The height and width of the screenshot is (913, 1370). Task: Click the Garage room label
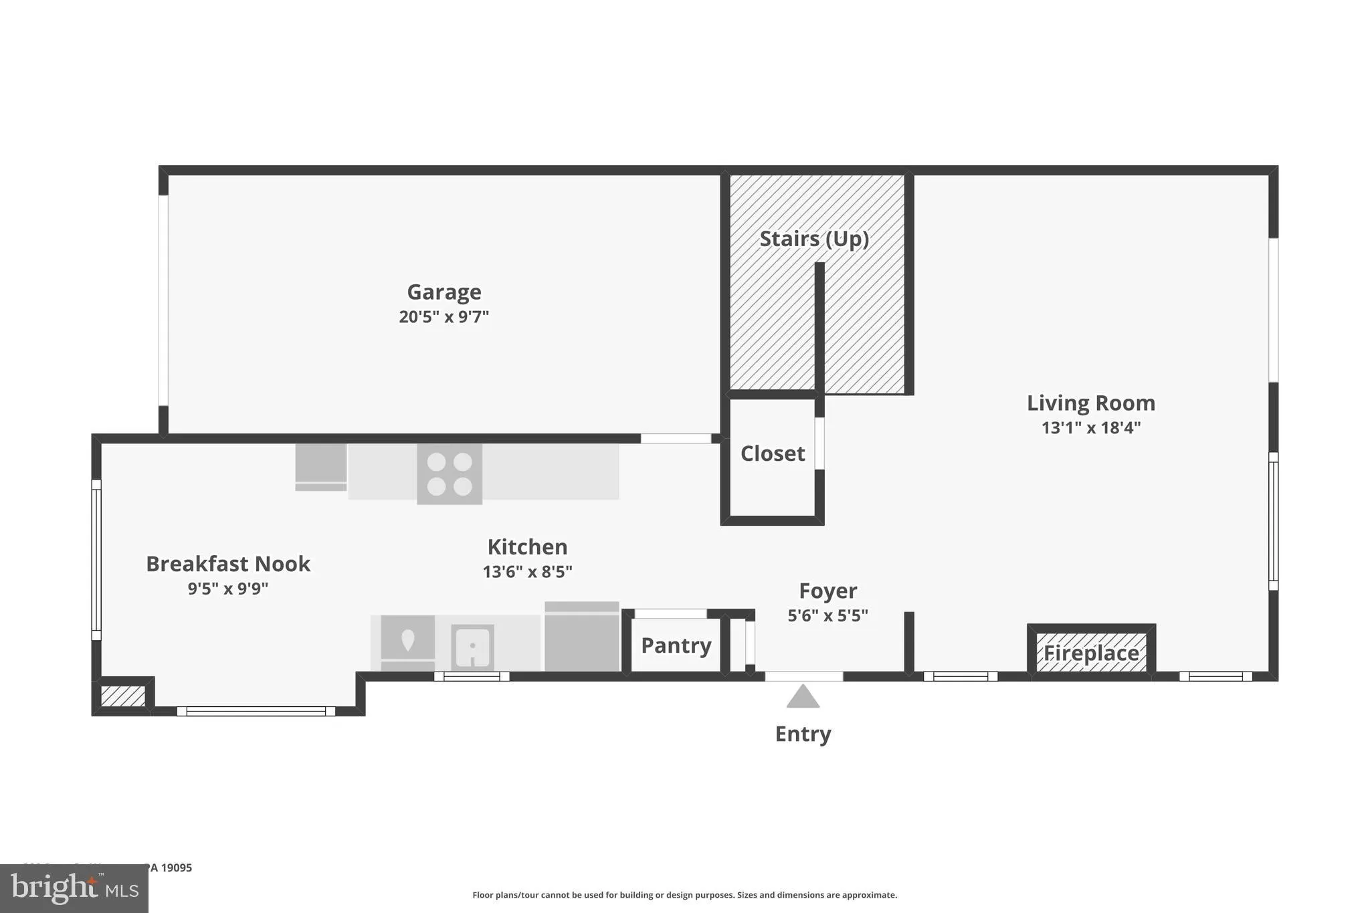click(444, 292)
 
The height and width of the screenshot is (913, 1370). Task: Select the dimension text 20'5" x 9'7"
click(444, 317)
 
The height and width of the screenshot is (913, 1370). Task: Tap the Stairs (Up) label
click(814, 239)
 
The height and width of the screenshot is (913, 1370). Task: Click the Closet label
click(773, 454)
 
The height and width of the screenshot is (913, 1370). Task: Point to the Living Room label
click(1091, 403)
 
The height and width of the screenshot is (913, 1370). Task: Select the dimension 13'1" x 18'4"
click(1091, 428)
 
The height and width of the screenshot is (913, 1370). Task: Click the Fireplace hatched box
click(1091, 653)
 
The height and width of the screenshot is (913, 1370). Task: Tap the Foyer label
click(828, 591)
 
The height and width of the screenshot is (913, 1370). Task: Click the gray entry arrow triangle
click(803, 698)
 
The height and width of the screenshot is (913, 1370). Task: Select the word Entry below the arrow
click(803, 734)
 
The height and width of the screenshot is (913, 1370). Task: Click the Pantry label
click(676, 645)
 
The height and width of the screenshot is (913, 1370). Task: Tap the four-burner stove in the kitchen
click(450, 474)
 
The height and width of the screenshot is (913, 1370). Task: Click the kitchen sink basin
click(472, 646)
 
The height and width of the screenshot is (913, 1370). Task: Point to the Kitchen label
click(527, 547)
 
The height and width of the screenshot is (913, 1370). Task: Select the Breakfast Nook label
click(228, 565)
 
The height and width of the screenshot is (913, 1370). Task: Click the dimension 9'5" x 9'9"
click(228, 589)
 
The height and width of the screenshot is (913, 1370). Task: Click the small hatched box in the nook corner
click(123, 696)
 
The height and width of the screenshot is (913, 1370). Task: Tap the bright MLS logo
click(74, 888)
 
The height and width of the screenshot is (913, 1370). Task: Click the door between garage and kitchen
click(676, 439)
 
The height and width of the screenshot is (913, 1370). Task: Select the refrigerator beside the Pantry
click(582, 637)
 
